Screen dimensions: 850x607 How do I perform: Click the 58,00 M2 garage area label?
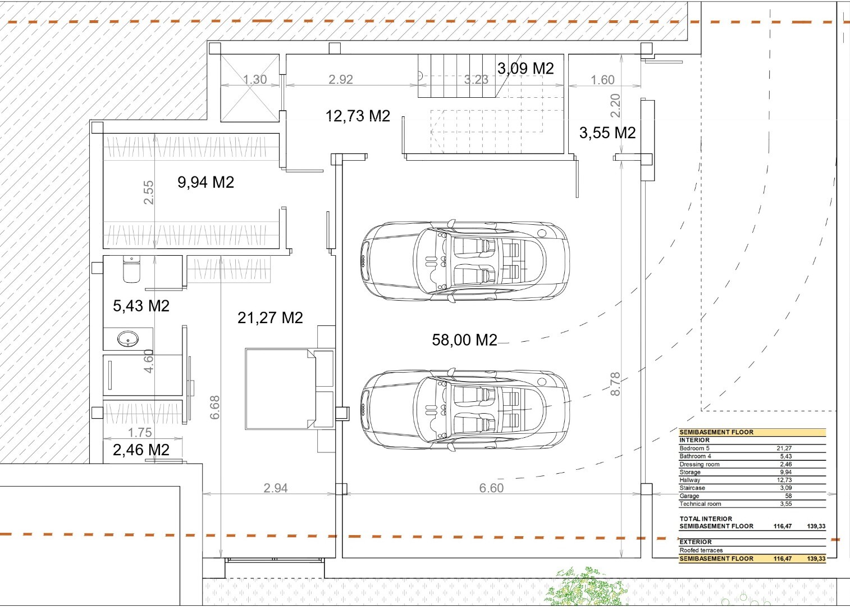[x=464, y=339]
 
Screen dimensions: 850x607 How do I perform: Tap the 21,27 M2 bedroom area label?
[x=270, y=318]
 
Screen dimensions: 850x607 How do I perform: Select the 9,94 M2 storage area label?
[x=205, y=182]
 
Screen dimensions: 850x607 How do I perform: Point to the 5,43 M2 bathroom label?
[x=141, y=306]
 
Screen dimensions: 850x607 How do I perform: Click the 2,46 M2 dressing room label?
[x=141, y=450]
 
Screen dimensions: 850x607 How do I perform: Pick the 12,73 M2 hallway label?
[x=358, y=115]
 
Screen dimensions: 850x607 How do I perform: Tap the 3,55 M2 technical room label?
[x=607, y=133]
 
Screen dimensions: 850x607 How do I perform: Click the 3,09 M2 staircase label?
[x=525, y=69]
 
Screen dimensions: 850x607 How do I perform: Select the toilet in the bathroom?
[x=131, y=269]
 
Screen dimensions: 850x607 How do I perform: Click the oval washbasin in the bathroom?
[x=127, y=338]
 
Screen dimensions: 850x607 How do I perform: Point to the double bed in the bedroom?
[x=281, y=388]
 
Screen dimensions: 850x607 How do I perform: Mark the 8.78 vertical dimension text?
[x=615, y=384]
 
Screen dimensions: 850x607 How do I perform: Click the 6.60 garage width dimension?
[x=491, y=488]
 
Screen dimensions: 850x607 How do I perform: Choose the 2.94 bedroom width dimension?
[x=276, y=488]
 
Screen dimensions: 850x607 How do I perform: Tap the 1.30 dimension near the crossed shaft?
[x=255, y=79]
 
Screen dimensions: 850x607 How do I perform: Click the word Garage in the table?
[x=689, y=496]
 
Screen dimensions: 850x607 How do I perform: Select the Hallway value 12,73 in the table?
[x=784, y=480]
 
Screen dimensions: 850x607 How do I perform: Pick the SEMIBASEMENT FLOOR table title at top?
[x=716, y=432]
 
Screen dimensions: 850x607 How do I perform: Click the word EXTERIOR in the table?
[x=696, y=542]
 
